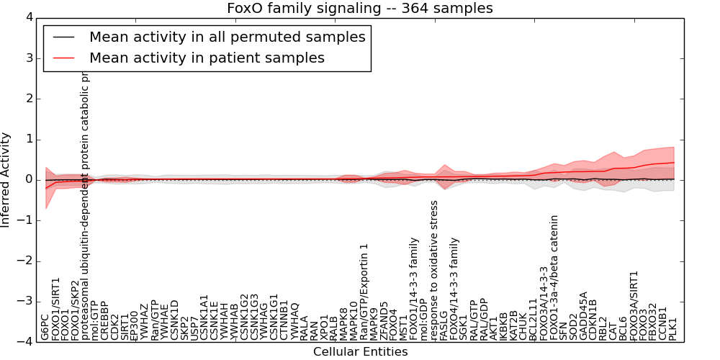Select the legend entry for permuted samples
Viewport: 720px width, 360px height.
pyautogui.click(x=227, y=37)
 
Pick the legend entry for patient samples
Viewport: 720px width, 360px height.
pyautogui.click(x=207, y=58)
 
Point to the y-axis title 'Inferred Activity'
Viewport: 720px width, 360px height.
pyautogui.click(x=6, y=180)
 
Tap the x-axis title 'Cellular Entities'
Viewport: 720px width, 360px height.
pyautogui.click(x=360, y=351)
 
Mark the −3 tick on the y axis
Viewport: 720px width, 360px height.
pyautogui.click(x=25, y=302)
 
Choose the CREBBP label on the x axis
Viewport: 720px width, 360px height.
pyautogui.click(x=104, y=320)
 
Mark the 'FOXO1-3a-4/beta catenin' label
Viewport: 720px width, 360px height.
pyautogui.click(x=554, y=277)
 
